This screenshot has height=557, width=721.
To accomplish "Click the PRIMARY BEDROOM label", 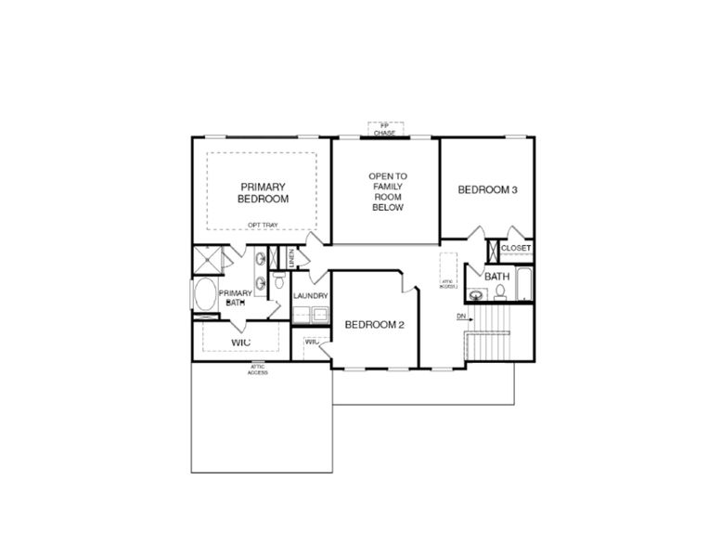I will point(263,192).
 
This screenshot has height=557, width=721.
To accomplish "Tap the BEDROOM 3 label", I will point(487,190).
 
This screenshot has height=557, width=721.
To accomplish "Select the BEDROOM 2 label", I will point(375,325).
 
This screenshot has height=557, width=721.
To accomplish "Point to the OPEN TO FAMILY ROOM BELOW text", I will point(387,192).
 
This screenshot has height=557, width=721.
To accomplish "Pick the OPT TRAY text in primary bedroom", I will point(262,225).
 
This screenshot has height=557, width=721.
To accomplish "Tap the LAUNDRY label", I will point(311,296).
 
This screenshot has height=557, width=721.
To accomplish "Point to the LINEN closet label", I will point(292,258).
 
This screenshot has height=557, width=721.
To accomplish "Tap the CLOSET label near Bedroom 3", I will point(516,249).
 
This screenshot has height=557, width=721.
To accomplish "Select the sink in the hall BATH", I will point(477,295).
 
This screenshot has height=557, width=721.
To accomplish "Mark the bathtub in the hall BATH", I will point(524,285).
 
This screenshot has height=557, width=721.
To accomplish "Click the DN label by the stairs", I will point(460,317).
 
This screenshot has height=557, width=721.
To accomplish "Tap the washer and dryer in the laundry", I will point(311,314).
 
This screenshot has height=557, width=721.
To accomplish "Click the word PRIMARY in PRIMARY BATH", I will point(235,293).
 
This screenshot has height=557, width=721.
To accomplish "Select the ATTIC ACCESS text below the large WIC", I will point(258,369).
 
